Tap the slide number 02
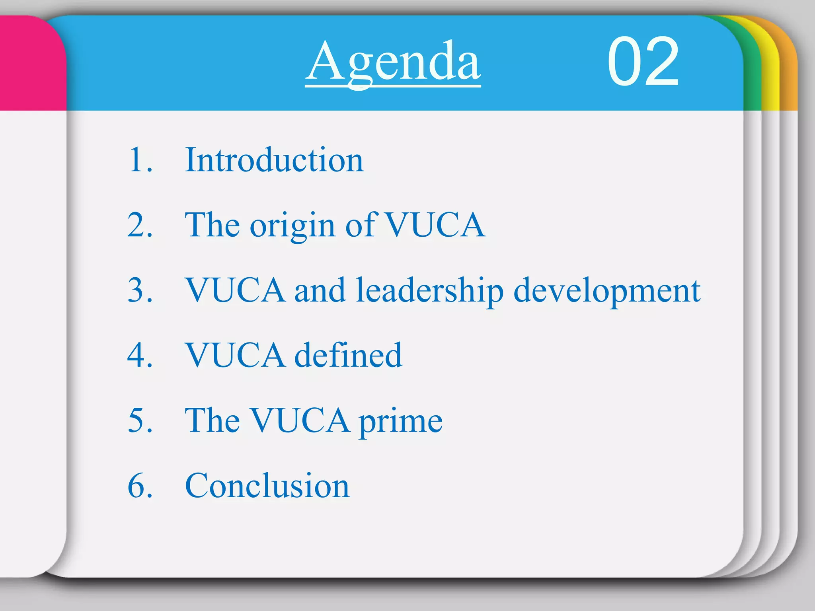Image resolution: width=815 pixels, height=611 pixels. (643, 62)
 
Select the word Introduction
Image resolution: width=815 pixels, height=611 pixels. (274, 160)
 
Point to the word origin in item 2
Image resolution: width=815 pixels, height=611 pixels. (292, 226)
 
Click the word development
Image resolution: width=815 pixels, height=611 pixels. (607, 291)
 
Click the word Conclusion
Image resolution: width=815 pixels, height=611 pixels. (267, 486)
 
